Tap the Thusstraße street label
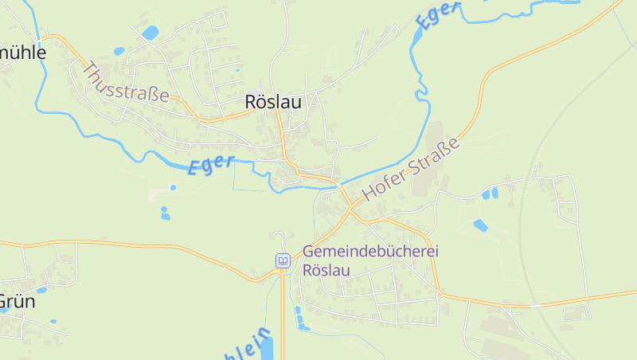[x=125, y=83]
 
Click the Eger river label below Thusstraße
[x=211, y=165]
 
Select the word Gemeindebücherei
[x=370, y=250]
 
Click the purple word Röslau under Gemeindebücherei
[x=326, y=269]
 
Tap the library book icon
[x=283, y=260]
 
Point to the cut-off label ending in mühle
[x=23, y=53]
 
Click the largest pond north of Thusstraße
[x=150, y=33]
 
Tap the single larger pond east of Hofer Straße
[x=480, y=225]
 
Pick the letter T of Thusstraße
[x=88, y=68]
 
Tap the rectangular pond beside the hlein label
[x=266, y=348]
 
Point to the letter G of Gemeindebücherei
[x=309, y=250]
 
